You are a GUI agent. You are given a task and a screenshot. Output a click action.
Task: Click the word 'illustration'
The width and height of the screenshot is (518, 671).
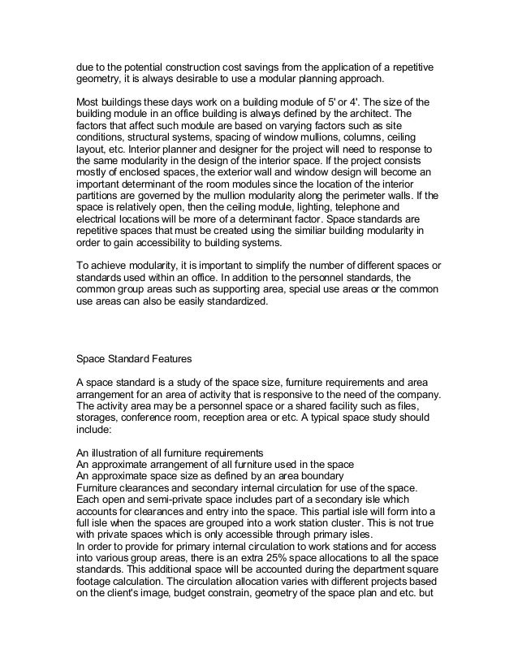pos(119,452)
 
